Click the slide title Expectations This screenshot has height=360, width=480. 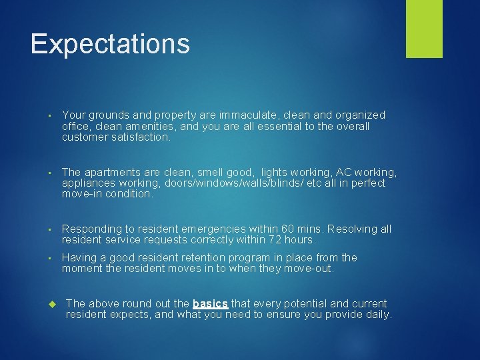pos(110,44)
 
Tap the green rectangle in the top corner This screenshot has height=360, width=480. pos(424,29)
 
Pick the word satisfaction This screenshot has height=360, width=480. pos(139,137)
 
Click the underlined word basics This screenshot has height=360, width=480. pos(210,303)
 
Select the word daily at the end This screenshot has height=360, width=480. pos(378,315)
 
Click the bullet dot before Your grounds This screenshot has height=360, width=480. pos(51,116)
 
